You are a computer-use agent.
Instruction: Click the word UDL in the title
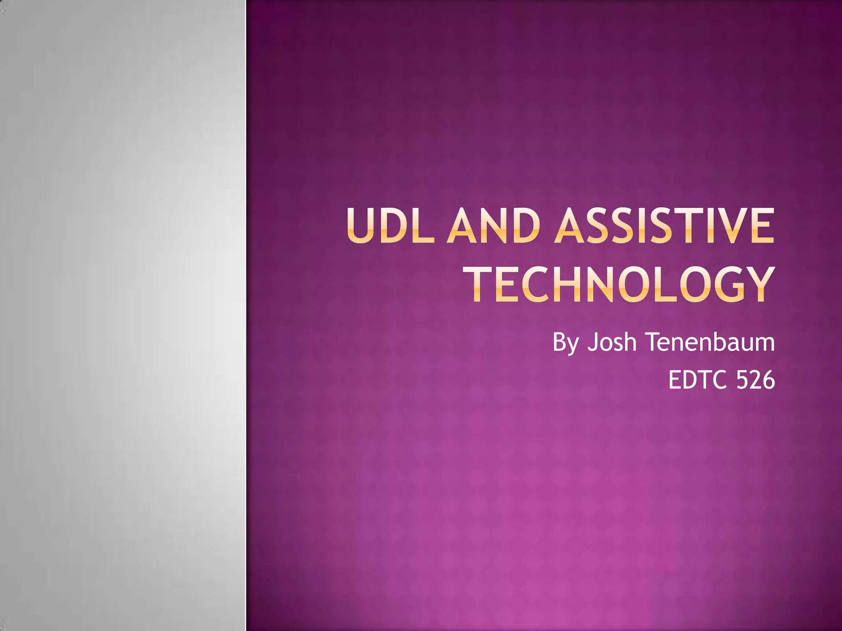[391, 226]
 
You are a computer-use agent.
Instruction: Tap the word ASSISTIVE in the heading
[664, 226]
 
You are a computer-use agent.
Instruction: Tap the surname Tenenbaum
[710, 342]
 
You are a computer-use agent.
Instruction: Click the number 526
[756, 380]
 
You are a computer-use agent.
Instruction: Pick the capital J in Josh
[592, 342]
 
